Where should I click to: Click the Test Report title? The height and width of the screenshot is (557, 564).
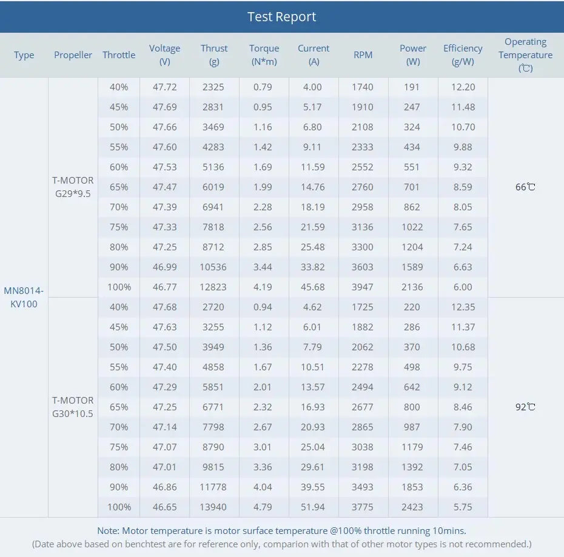point(281,16)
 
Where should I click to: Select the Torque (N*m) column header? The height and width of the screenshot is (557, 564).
point(264,55)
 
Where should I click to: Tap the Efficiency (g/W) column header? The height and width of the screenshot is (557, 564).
point(463,55)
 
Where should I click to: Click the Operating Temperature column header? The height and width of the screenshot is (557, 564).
point(525,55)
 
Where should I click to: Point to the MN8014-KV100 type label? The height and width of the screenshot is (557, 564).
point(24,297)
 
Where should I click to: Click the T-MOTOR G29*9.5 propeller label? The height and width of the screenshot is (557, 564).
point(73,187)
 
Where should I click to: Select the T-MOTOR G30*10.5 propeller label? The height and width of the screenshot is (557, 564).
point(73,407)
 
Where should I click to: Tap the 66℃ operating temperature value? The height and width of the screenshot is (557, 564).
point(525,187)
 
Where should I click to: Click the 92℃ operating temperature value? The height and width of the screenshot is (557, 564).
point(525,407)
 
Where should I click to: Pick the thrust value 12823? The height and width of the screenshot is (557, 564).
point(213,287)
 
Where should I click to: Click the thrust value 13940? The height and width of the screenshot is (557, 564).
point(213,507)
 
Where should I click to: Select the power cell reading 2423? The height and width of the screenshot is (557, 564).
point(412,507)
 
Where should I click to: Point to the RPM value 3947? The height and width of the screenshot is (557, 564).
point(363,287)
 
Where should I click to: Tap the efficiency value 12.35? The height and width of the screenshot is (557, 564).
point(463,307)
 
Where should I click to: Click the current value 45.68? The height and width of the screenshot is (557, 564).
point(313,287)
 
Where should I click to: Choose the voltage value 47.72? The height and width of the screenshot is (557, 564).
point(164,87)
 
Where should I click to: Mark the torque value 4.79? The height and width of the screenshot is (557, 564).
point(263,507)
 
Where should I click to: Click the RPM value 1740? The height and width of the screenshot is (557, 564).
point(363,87)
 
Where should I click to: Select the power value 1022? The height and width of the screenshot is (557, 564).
point(412,227)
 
